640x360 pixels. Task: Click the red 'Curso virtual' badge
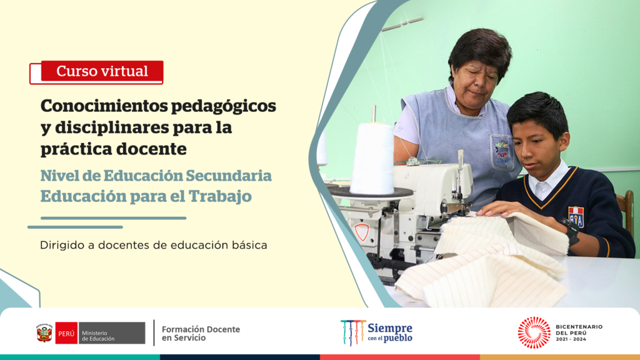click(x=102, y=71)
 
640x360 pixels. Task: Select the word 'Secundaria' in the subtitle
click(x=229, y=176)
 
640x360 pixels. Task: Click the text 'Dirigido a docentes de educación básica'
click(x=154, y=245)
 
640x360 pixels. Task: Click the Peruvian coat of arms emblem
click(x=44, y=333)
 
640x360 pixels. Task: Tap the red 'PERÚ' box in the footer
click(x=66, y=333)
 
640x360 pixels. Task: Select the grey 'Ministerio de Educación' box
click(x=111, y=333)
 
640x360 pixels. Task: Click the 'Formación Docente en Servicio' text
click(x=201, y=334)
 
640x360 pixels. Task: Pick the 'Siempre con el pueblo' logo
click(x=376, y=332)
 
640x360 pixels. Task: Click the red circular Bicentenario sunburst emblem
click(x=534, y=332)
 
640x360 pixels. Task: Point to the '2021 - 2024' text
click(x=571, y=339)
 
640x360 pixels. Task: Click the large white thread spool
click(x=372, y=159)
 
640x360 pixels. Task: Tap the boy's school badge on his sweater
click(x=576, y=216)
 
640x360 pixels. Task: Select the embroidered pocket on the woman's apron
click(x=502, y=152)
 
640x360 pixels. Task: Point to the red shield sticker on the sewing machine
click(x=362, y=232)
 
